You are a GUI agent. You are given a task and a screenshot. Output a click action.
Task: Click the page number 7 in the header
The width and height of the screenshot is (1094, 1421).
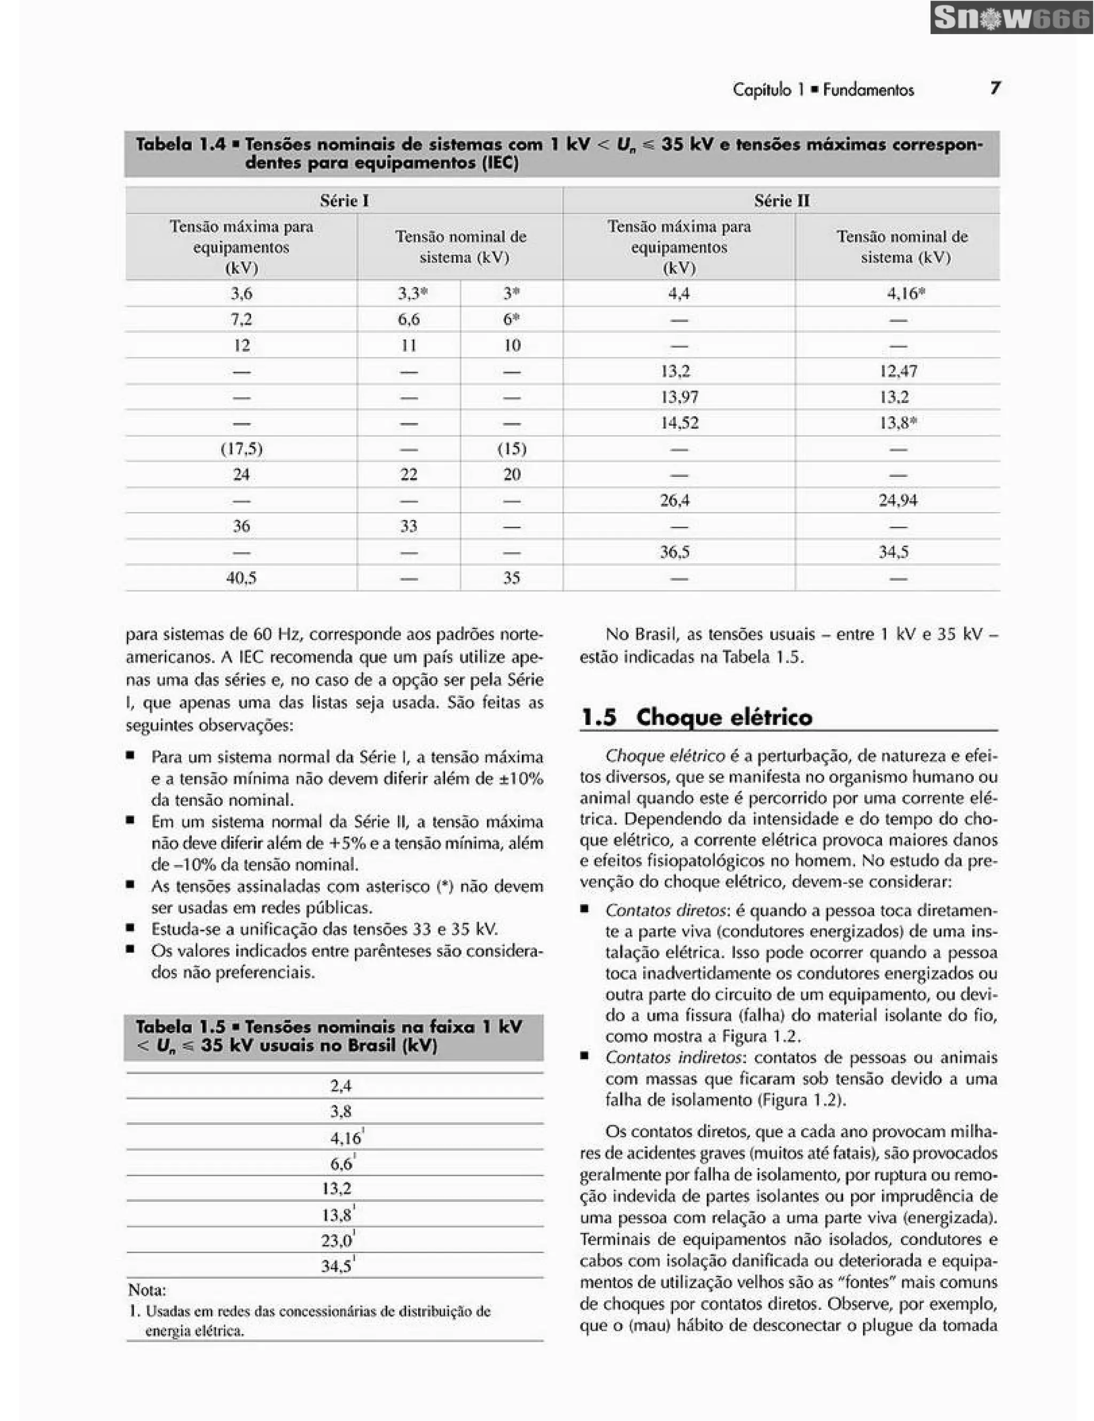tap(995, 88)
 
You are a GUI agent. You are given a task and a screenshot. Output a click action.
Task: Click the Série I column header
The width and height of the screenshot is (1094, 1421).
tap(344, 200)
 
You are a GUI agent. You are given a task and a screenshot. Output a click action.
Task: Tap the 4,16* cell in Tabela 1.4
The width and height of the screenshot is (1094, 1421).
tap(905, 293)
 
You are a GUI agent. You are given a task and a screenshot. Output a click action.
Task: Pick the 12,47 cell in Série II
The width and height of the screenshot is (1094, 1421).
tap(898, 371)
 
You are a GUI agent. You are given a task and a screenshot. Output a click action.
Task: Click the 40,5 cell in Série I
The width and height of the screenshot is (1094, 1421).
tap(241, 578)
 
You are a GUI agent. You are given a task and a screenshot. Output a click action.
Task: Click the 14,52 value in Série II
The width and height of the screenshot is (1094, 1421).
tap(679, 423)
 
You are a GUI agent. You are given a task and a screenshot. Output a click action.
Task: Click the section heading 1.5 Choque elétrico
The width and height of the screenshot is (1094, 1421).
tap(696, 717)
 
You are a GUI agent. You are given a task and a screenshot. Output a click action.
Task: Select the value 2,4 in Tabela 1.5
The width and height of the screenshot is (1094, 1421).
tap(340, 1086)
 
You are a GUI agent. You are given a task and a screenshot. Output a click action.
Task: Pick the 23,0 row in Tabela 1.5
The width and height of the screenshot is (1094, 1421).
tap(337, 1240)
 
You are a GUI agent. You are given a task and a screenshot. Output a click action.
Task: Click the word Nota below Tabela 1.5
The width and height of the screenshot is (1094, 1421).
tap(146, 1290)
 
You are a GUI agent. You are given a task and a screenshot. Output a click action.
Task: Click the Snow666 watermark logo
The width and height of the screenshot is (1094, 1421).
tap(1011, 18)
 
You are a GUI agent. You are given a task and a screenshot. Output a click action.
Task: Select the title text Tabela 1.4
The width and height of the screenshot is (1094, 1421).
tap(180, 144)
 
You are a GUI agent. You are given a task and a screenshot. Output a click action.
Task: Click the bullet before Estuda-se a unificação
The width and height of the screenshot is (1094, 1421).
tap(131, 928)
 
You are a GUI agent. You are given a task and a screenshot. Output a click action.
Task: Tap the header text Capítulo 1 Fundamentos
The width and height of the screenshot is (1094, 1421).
tap(823, 89)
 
